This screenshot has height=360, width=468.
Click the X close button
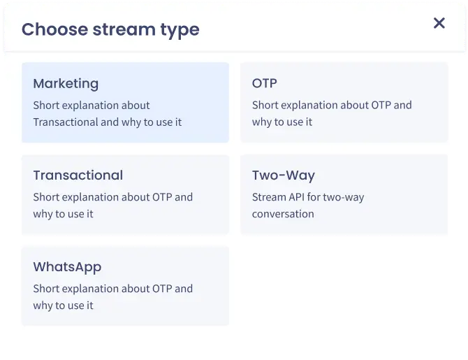tap(439, 23)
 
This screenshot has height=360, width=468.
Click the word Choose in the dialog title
tap(54, 29)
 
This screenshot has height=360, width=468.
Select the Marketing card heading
tap(66, 83)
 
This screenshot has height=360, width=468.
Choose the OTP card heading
tap(264, 83)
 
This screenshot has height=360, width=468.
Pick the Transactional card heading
tap(78, 175)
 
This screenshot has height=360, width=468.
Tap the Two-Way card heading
tap(283, 175)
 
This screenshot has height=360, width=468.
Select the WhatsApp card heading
tap(67, 266)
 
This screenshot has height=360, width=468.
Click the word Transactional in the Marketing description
tap(66, 122)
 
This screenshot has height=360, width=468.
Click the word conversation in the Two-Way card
tap(283, 214)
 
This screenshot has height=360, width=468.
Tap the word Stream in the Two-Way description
tap(269, 197)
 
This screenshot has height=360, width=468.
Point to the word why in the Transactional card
tap(43, 214)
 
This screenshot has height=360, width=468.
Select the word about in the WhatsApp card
tap(135, 289)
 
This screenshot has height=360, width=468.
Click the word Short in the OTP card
tap(265, 106)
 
